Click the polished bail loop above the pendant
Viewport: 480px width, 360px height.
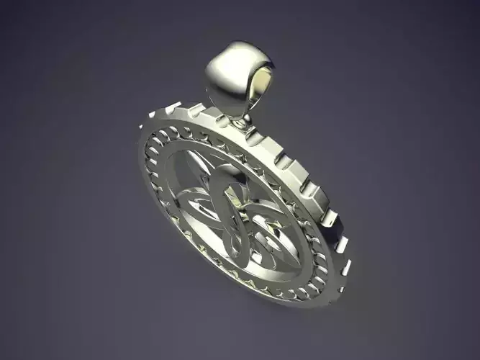pos(232,72)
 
